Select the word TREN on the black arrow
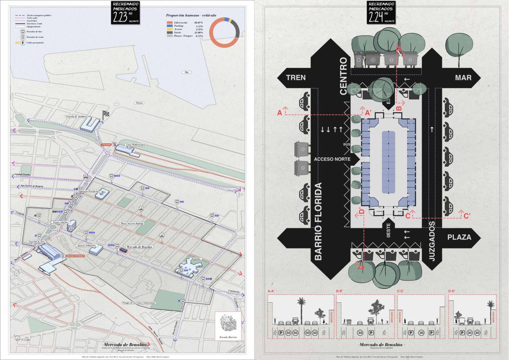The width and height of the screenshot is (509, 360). click(x=296, y=77)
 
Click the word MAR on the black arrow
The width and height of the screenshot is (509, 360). click(x=463, y=77)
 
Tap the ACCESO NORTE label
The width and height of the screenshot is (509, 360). click(x=330, y=159)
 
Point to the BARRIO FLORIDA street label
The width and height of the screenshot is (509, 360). click(x=318, y=221)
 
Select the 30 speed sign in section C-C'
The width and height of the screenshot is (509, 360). click(x=421, y=332)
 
